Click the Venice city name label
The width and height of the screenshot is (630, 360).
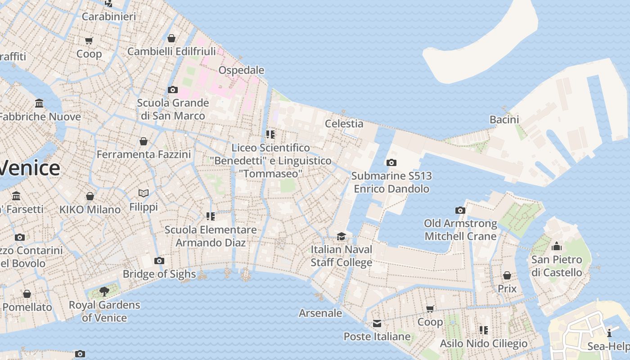click(x=30, y=168)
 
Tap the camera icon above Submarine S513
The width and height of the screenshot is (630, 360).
click(x=391, y=162)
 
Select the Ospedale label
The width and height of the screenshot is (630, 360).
click(x=241, y=70)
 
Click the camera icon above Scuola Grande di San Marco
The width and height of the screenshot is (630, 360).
click(x=172, y=90)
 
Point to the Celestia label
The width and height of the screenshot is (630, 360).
click(x=344, y=123)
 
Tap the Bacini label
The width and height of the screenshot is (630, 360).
click(x=504, y=119)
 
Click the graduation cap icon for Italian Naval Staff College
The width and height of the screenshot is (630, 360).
click(x=342, y=236)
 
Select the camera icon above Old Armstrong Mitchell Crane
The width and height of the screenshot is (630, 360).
click(x=460, y=210)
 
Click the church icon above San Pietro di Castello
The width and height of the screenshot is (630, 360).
click(x=557, y=246)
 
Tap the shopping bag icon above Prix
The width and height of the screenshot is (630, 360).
click(x=507, y=275)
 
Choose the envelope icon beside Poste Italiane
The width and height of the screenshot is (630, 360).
click(x=377, y=324)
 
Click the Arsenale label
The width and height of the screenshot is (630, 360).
click(x=320, y=313)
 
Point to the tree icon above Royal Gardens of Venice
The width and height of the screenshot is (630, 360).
click(x=104, y=292)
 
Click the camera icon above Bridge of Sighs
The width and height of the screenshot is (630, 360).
click(x=159, y=261)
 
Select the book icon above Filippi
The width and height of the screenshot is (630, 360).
click(x=144, y=193)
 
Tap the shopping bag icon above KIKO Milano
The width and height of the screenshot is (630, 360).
click(x=90, y=196)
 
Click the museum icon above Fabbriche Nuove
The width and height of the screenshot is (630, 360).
click(x=39, y=103)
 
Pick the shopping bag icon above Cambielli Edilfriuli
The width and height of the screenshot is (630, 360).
click(x=171, y=38)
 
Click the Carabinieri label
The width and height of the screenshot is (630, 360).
click(x=109, y=17)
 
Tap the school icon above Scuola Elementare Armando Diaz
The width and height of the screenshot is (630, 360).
click(x=210, y=216)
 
